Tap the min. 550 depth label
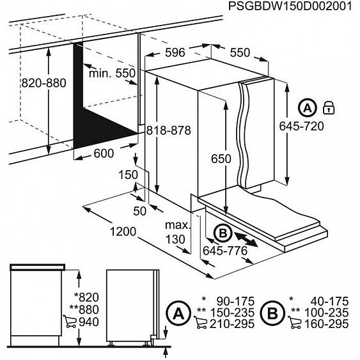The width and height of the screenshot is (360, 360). (113, 74)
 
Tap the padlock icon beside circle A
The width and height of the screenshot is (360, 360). (329, 106)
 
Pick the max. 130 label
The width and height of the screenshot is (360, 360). (177, 232)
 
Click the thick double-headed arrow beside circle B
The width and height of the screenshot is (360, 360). (247, 240)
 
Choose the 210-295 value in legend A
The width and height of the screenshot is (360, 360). (236, 324)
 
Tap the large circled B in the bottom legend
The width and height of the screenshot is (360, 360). (272, 313)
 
